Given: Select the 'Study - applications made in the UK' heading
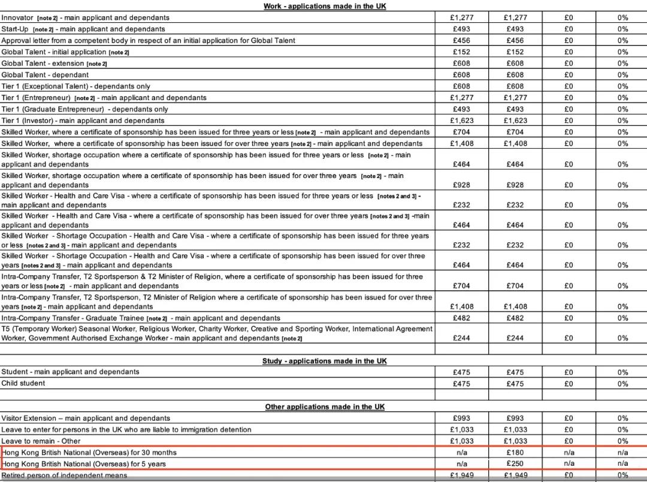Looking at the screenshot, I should point(324,361).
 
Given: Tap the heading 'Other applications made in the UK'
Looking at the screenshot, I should point(325,407).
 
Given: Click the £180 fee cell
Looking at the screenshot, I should point(515,453).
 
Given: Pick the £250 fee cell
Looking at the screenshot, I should point(515,464).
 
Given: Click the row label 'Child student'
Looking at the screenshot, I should point(23,384).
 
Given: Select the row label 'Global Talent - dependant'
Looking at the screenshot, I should point(45,75).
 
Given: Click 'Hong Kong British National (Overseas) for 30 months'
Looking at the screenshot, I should point(90,453).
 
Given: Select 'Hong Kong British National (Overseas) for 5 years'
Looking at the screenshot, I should point(84,464).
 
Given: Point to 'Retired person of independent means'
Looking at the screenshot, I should point(64,476).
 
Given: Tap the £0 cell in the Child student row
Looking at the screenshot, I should point(569,384).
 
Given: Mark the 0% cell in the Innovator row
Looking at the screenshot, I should point(623,17).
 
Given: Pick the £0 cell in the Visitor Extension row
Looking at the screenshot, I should point(569,418).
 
